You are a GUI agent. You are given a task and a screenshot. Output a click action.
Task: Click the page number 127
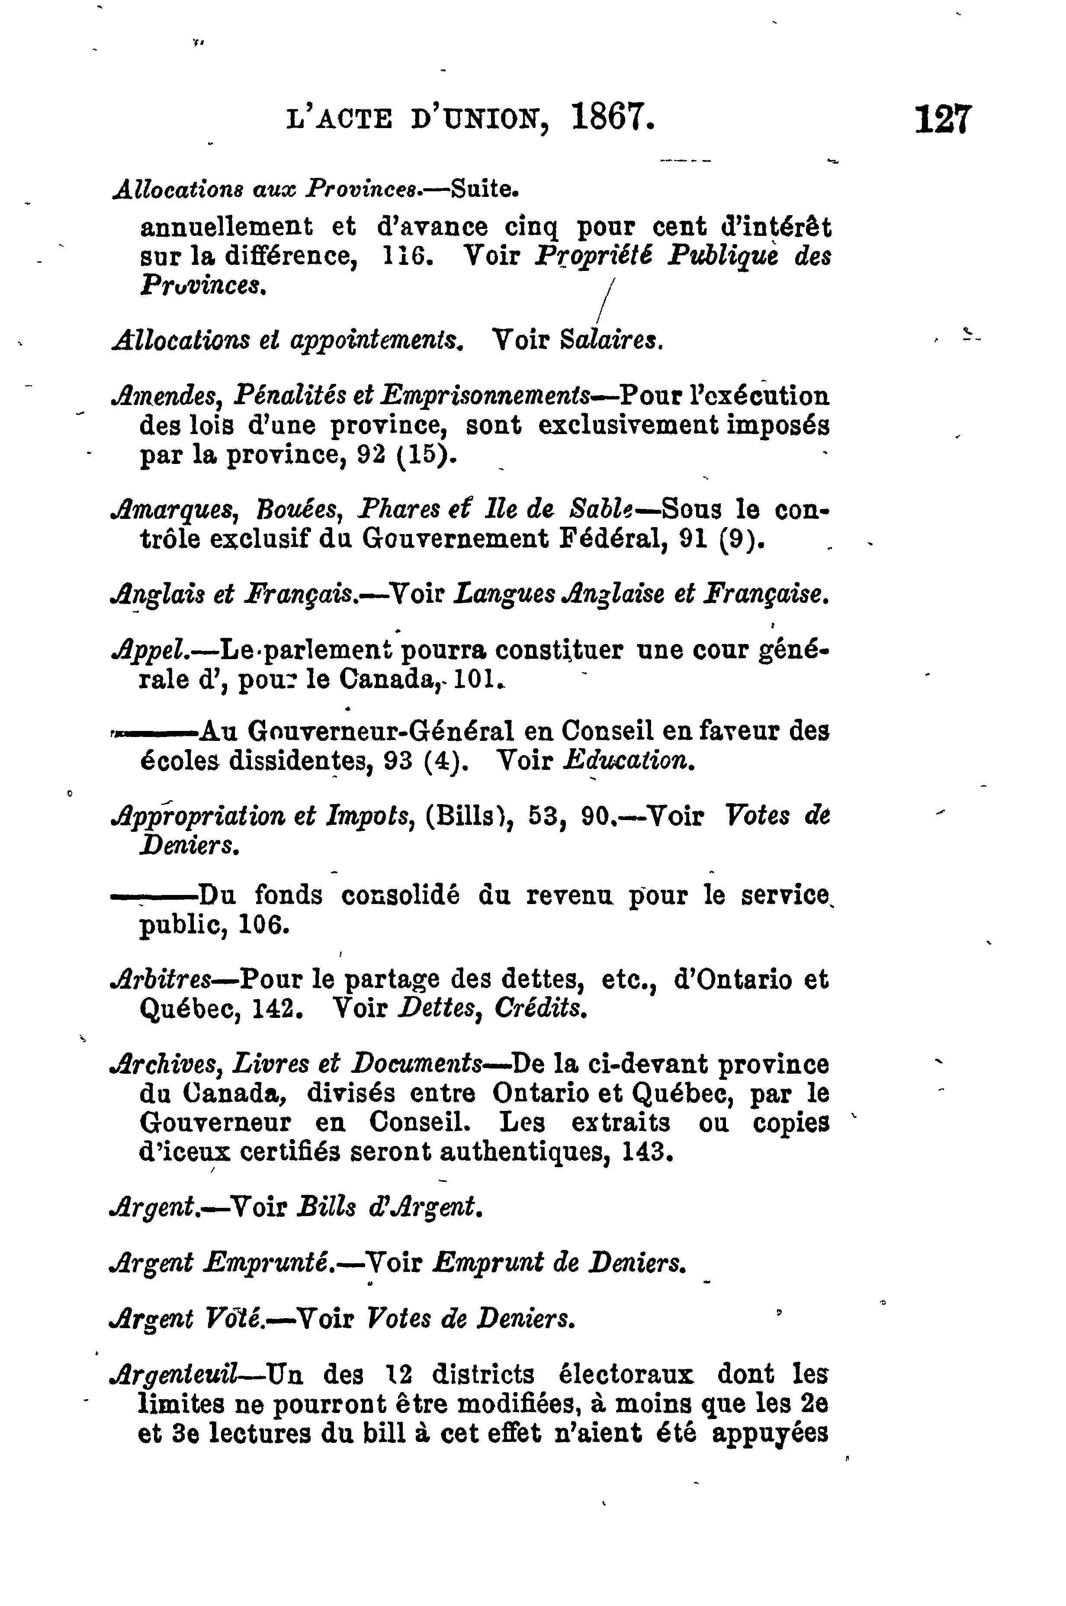944,120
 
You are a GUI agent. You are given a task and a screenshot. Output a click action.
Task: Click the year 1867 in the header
613,118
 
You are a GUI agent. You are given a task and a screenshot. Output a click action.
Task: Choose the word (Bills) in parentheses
467,815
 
